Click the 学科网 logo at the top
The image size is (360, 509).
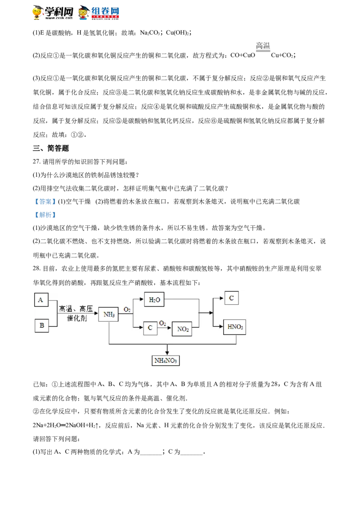[x=53, y=13]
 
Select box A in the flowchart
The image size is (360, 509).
[x=41, y=299]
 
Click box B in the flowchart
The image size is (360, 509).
[x=41, y=325]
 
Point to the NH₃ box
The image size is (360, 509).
[x=108, y=314]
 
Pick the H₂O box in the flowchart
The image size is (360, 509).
[x=154, y=299]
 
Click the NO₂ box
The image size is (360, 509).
[x=182, y=329]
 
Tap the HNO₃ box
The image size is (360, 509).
[x=234, y=327]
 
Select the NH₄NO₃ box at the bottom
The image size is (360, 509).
[x=166, y=361]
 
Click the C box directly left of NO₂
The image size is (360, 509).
[x=150, y=328]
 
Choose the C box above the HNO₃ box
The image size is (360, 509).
[x=231, y=298]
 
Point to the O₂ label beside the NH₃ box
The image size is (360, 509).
[x=127, y=310]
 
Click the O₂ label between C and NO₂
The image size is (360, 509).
[x=162, y=323]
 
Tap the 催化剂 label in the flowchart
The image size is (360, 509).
[x=77, y=318]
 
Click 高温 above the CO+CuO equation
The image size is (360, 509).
[x=263, y=45]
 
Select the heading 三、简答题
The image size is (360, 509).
[x=51, y=148]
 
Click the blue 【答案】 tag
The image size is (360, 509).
[x=45, y=201]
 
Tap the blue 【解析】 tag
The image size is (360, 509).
[x=45, y=215]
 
